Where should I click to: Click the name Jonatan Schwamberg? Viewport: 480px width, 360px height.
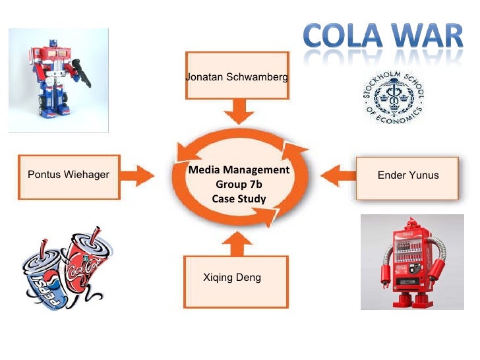point(237,77)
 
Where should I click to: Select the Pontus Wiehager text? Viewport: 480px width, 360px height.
point(69,175)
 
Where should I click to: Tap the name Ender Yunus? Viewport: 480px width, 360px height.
point(407,175)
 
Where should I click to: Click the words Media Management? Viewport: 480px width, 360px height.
point(239,170)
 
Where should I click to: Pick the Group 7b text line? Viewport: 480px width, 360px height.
point(239,185)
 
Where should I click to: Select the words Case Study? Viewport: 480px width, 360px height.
point(239,198)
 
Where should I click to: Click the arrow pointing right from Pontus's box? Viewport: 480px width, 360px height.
point(140,175)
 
